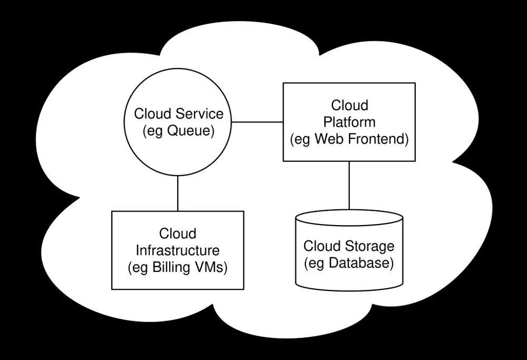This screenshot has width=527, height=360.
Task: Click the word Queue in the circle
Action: point(190,131)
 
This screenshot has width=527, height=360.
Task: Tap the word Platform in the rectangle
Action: point(349,122)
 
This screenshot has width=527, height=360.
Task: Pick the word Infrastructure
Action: point(178,250)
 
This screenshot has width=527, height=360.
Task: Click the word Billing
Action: point(171,267)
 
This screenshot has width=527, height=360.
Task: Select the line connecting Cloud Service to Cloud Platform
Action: point(258,122)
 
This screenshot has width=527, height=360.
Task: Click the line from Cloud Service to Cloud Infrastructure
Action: point(178,193)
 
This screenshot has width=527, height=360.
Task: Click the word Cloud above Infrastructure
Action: point(178,233)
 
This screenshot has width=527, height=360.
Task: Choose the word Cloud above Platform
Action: point(349,105)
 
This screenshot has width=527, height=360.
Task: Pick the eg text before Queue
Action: point(155,131)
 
